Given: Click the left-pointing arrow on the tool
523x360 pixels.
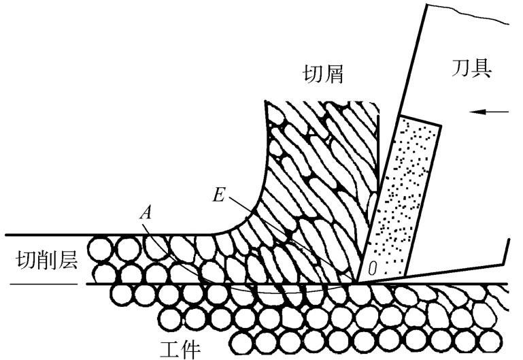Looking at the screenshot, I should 498,111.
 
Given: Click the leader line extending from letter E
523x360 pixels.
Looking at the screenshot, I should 286,231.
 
